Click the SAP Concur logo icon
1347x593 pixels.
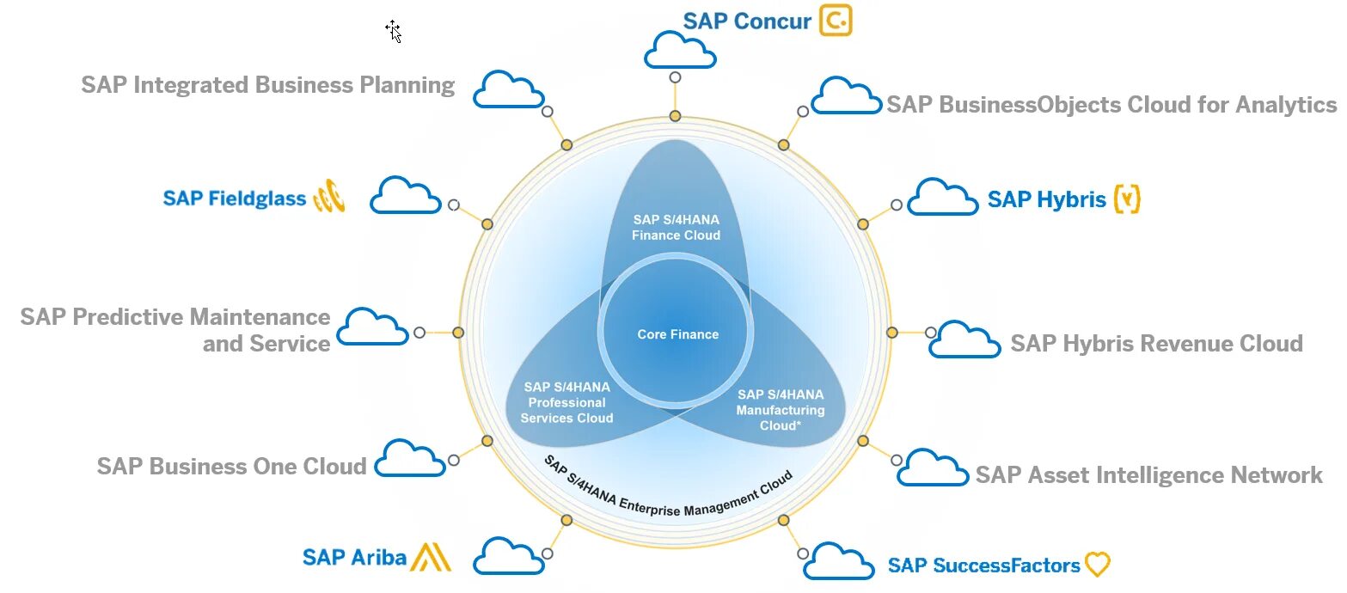pyautogui.click(x=836, y=20)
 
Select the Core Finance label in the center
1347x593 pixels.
pyautogui.click(x=677, y=334)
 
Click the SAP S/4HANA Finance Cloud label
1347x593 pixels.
pyautogui.click(x=676, y=227)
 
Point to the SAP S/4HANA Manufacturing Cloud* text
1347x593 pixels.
pyautogui.click(x=780, y=409)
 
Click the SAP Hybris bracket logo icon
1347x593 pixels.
pyautogui.click(x=1127, y=199)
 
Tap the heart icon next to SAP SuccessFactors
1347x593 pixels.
pyautogui.click(x=1098, y=565)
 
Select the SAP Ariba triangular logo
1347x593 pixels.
pyautogui.click(x=431, y=557)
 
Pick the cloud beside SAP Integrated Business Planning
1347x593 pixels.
pyautogui.click(x=509, y=90)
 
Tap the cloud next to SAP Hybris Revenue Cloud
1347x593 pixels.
pyautogui.click(x=964, y=340)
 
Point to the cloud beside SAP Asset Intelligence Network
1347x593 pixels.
pyautogui.click(x=933, y=468)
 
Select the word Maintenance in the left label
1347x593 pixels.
pyautogui.click(x=260, y=317)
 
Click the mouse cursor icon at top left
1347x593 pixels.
pyautogui.click(x=394, y=31)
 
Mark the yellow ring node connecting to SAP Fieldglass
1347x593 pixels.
pyautogui.click(x=487, y=223)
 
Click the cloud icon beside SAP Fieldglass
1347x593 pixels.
pyautogui.click(x=405, y=196)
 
